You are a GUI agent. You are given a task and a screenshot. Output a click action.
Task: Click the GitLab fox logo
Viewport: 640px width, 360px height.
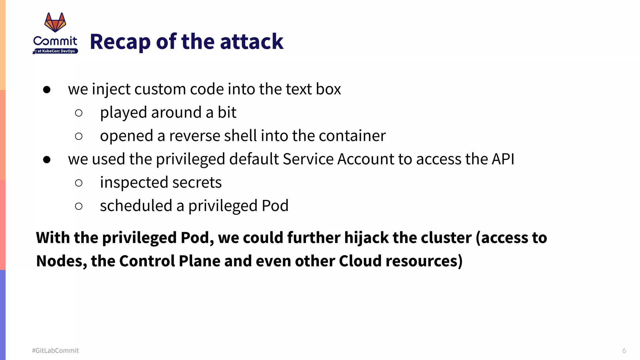tap(55, 22)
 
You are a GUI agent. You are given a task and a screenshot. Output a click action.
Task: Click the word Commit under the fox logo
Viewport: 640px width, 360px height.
tap(55, 41)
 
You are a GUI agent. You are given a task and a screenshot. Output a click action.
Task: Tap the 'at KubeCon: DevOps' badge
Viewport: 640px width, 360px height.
tap(56, 51)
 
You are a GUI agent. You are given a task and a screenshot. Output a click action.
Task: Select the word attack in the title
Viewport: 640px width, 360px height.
tap(252, 42)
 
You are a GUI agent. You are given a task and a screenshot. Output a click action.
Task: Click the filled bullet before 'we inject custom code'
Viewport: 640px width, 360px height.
tap(47, 90)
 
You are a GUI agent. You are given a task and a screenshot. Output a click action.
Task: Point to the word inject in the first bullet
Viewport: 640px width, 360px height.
tap(111, 89)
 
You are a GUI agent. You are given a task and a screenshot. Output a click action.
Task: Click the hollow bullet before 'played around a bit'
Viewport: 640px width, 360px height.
tap(79, 113)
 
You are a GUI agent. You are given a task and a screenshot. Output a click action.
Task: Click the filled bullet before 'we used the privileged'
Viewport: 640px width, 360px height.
tap(47, 160)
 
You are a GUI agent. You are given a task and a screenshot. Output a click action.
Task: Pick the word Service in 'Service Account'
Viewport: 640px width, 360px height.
tap(308, 159)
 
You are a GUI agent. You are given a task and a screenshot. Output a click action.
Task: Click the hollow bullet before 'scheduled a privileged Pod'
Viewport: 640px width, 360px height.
tap(79, 206)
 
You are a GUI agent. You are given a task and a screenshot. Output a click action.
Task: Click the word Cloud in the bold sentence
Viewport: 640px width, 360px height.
tap(360, 261)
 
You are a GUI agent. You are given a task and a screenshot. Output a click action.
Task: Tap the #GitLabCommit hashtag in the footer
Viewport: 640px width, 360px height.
tap(55, 351)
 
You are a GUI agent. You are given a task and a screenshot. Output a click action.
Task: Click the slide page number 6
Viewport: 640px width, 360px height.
tap(624, 351)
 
